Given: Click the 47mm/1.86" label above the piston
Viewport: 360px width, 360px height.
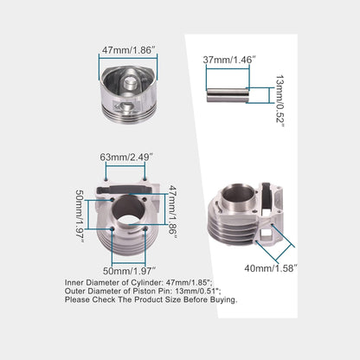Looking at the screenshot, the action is coord(129,49).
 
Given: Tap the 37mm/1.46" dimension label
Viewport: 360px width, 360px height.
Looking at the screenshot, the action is coord(229,60).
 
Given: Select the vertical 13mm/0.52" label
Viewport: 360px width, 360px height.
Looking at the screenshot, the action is coord(280,101).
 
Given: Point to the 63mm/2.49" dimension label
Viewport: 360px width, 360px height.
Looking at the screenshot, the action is coord(126,157).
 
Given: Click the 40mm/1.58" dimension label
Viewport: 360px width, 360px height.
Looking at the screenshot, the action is coord(271,268).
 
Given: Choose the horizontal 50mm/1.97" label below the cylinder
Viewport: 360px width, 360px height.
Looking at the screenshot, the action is coord(130,271).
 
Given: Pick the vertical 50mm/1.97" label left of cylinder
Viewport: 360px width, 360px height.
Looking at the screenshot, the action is coord(80,215).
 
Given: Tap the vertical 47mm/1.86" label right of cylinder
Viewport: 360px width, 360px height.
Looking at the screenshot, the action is coord(172,210).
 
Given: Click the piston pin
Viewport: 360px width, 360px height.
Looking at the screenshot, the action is coord(228,95).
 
